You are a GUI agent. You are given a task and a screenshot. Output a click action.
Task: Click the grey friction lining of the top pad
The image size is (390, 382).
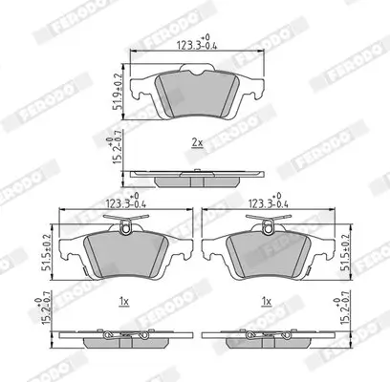pos(196,93)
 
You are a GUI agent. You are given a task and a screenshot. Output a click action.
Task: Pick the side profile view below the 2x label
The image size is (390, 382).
pos(196,175)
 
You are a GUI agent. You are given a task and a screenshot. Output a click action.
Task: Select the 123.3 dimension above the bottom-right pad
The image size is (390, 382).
pos(271,203)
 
